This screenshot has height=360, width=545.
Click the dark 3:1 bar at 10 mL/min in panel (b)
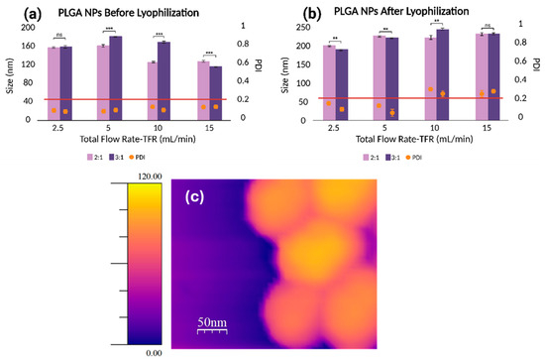click(x=443, y=73)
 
